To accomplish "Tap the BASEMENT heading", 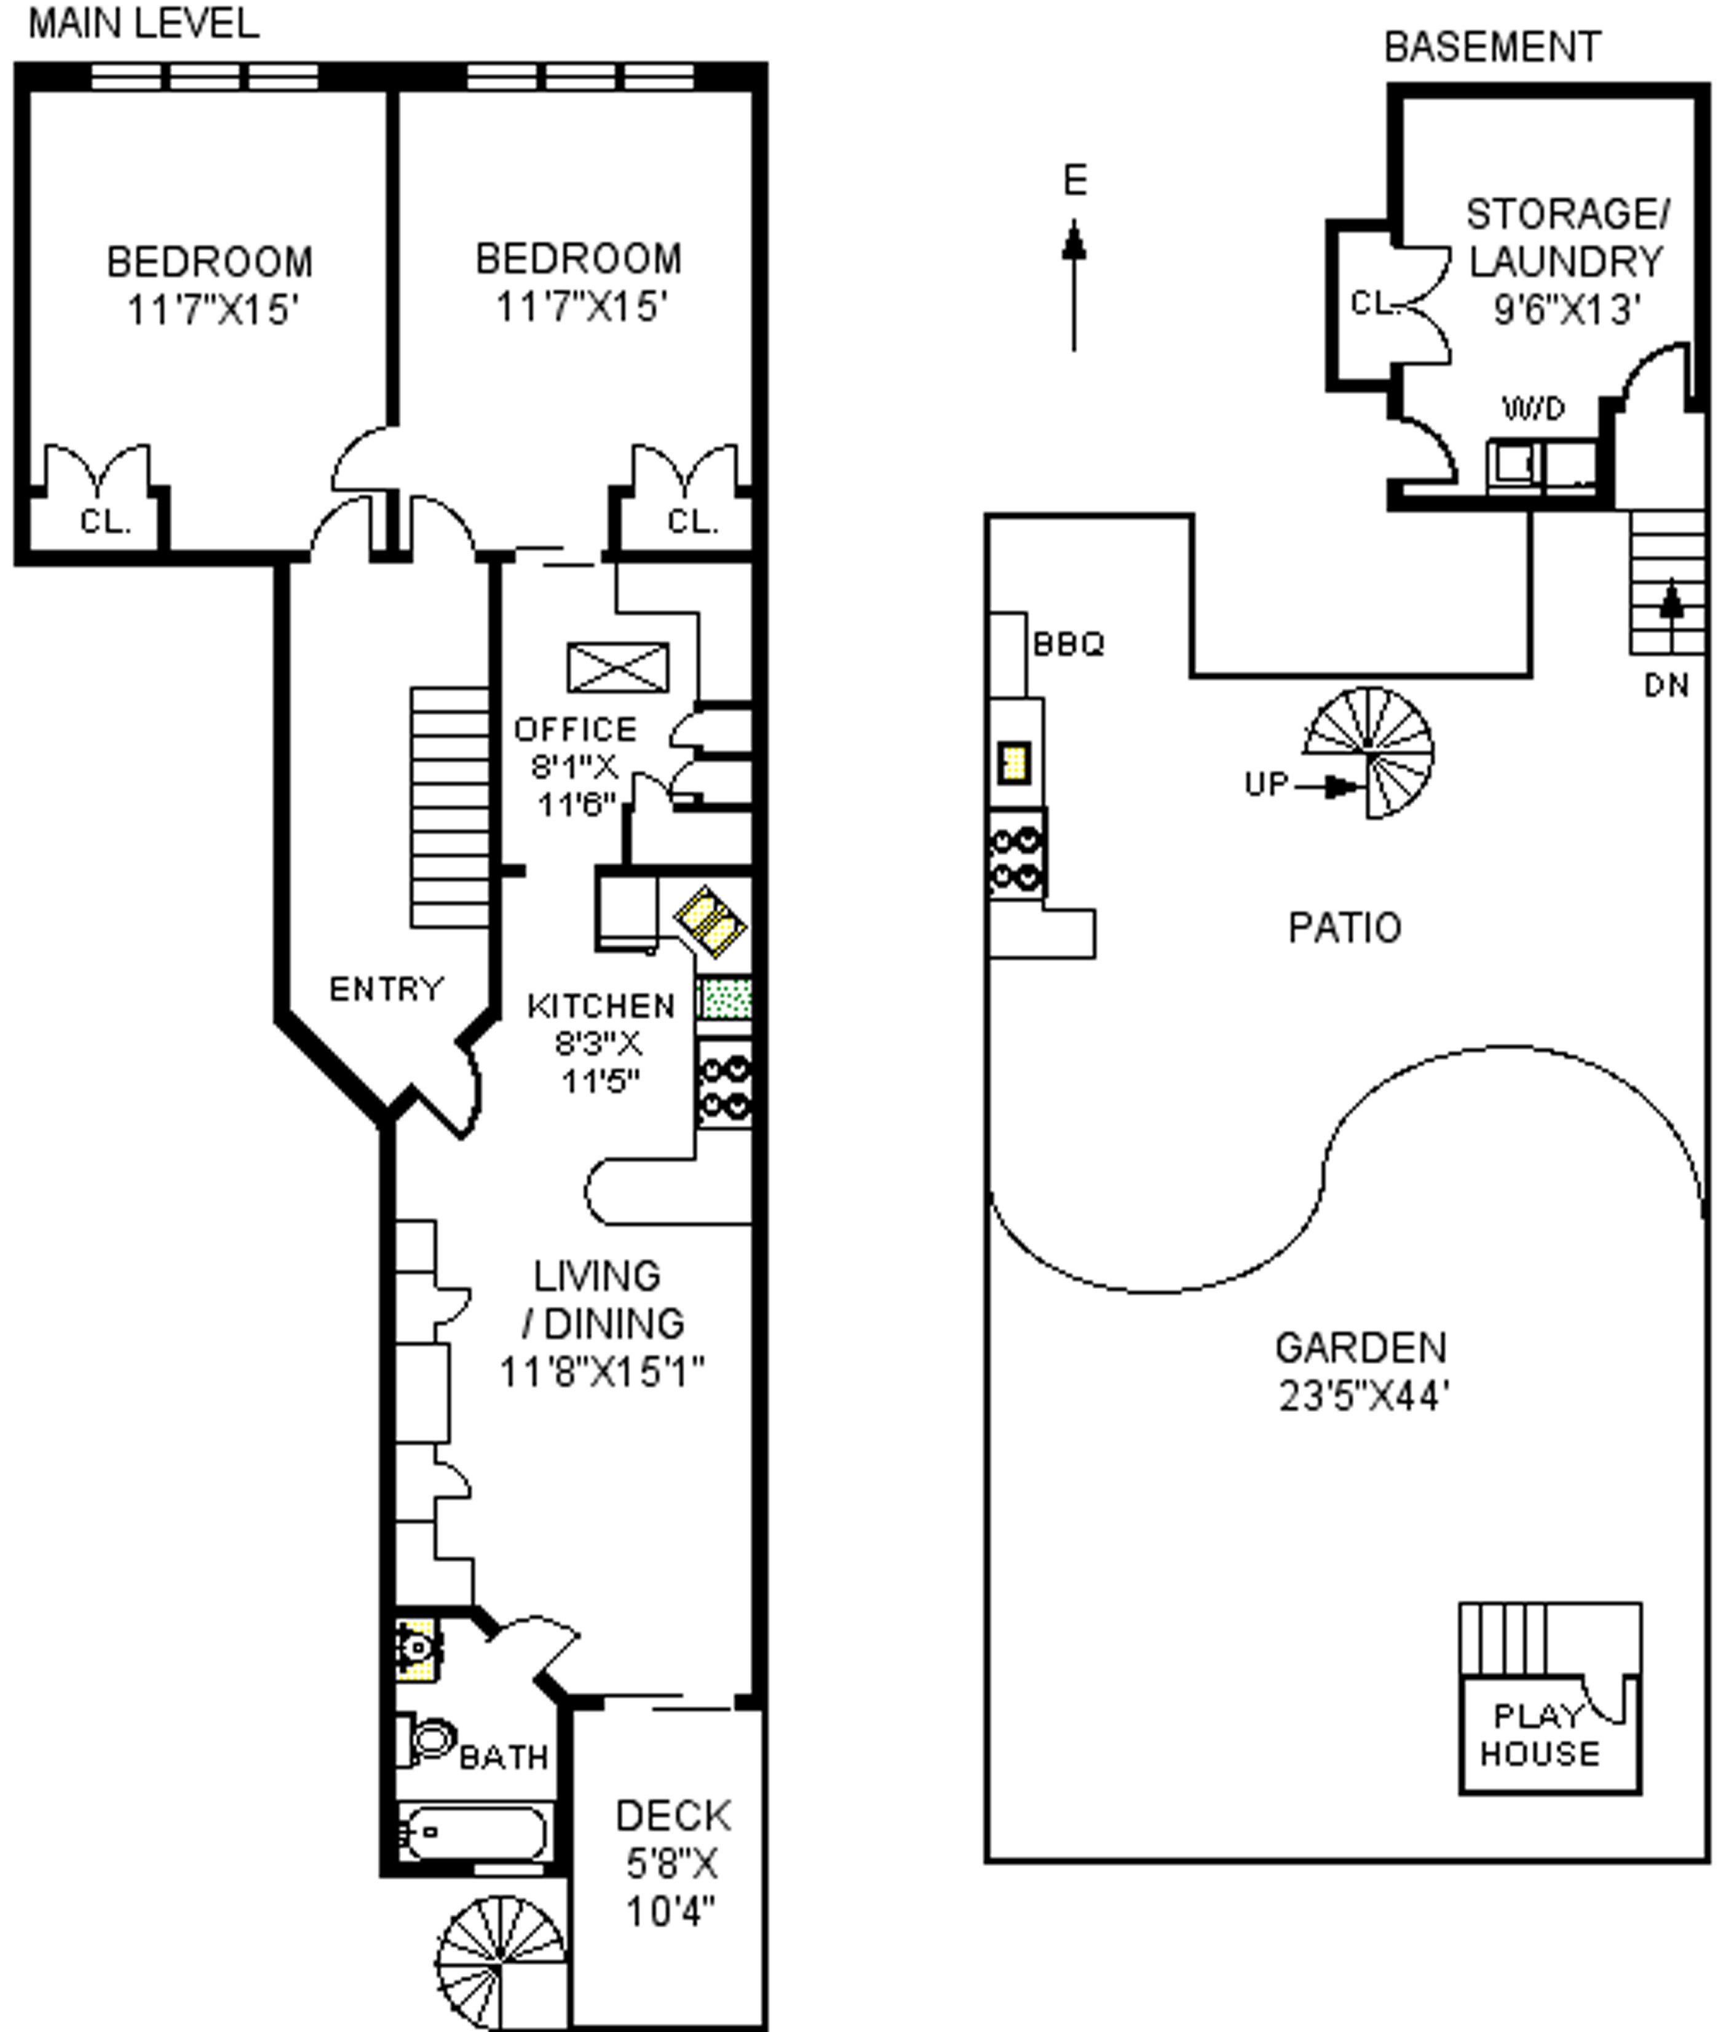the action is (x=1492, y=47).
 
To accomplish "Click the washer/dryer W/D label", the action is (x=1534, y=408).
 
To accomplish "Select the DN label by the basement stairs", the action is (x=1666, y=685).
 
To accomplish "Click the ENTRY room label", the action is (x=387, y=989).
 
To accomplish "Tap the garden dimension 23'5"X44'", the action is (x=1363, y=1397).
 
